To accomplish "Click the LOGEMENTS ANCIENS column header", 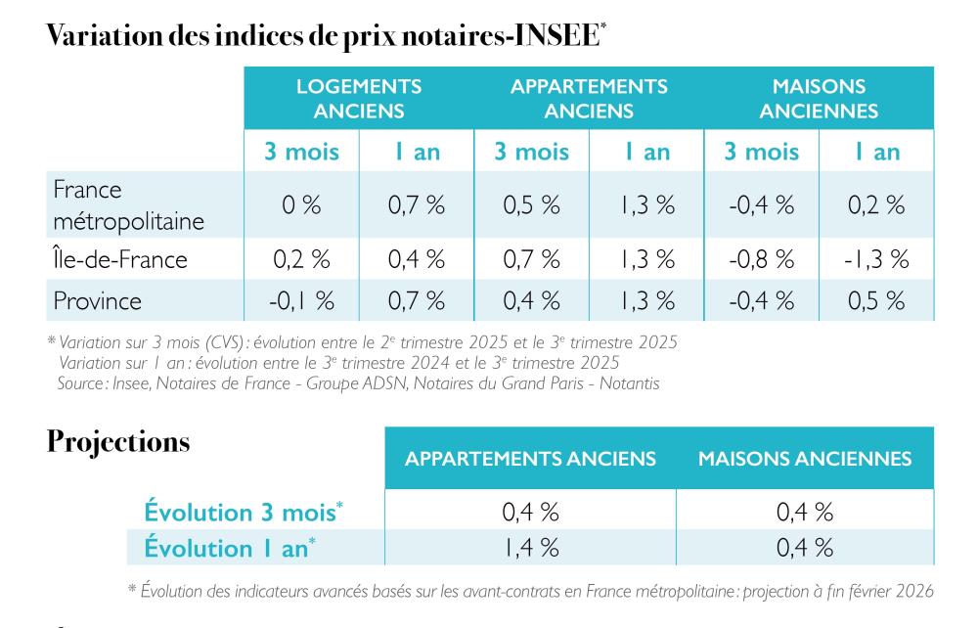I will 359,99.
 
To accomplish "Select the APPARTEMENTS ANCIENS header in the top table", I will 589,99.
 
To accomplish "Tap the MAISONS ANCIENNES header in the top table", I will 819,99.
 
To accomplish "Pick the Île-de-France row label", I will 120,260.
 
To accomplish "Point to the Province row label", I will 97,301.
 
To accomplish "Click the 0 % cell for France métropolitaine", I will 301,205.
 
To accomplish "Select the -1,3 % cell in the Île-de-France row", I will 876,260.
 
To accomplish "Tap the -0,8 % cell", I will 761,260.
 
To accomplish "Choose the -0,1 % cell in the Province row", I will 301,301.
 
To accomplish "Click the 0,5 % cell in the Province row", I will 876,301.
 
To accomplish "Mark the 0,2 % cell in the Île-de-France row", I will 301,260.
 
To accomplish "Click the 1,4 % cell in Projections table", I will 530,548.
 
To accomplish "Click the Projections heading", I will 118,442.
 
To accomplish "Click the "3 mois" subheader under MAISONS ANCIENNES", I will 761,152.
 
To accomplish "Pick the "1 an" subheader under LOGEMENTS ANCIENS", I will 417,152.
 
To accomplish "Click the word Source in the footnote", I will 82,383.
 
